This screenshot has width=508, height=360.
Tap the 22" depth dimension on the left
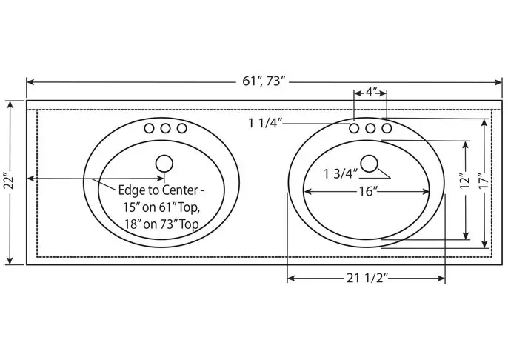tap(9, 182)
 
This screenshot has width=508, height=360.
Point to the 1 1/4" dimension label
tap(264, 122)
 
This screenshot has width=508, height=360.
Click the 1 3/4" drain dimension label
tap(341, 173)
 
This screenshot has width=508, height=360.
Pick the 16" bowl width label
tap(367, 192)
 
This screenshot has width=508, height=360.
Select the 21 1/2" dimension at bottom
tap(367, 279)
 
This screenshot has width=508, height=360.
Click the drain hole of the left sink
tap(164, 162)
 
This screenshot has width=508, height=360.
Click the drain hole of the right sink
tap(370, 162)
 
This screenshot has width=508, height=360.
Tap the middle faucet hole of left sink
tap(164, 128)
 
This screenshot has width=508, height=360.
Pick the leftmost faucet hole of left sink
tap(149, 128)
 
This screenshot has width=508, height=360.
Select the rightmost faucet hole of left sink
tap(180, 128)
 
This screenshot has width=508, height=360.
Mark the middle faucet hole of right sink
tap(370, 128)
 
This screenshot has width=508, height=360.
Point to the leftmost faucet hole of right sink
tap(355, 128)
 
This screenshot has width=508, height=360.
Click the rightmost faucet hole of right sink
tap(386, 128)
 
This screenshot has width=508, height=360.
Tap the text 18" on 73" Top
tap(161, 222)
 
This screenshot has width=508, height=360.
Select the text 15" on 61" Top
tap(162, 207)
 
